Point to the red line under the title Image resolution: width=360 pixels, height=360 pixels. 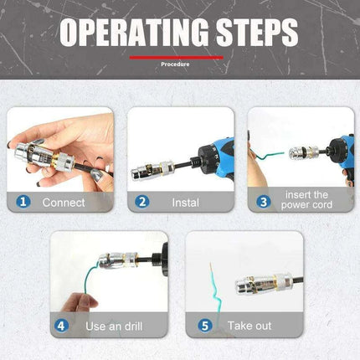[x=176, y=57]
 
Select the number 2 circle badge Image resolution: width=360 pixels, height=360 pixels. [x=142, y=201]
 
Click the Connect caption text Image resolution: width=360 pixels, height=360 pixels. [x=64, y=202]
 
